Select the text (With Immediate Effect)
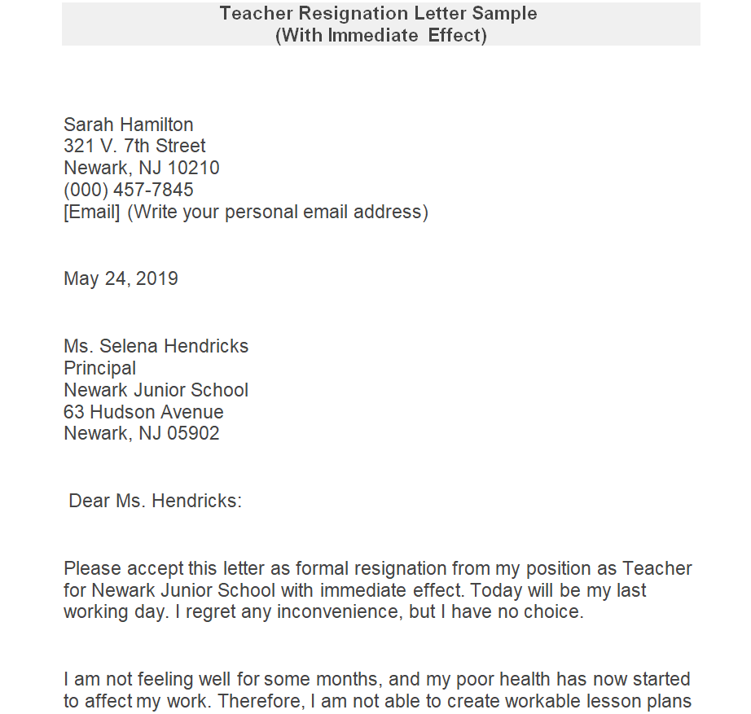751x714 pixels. (x=381, y=36)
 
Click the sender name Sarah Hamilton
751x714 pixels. (x=129, y=125)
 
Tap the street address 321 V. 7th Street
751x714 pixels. (x=134, y=147)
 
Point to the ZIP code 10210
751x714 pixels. (x=193, y=169)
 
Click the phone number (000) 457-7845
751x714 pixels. (x=129, y=191)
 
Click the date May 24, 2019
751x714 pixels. (x=121, y=278)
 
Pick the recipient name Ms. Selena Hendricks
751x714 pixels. (x=156, y=346)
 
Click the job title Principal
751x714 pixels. (x=100, y=368)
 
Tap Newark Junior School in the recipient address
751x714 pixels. (x=156, y=390)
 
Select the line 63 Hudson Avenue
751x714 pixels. (x=143, y=412)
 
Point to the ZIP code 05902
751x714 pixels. (x=193, y=434)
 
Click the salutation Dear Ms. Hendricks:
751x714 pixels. (x=155, y=501)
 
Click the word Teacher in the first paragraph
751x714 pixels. (x=657, y=568)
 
